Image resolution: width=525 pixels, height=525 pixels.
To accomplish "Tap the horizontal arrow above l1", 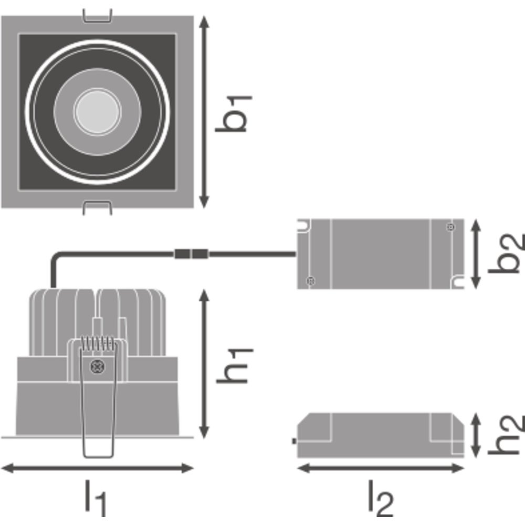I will (x=97, y=467).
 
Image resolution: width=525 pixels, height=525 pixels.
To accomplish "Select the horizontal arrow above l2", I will (x=380, y=467).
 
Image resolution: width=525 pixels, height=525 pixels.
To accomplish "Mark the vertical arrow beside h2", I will (x=476, y=435).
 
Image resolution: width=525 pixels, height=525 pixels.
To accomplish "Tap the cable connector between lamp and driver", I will (x=191, y=255).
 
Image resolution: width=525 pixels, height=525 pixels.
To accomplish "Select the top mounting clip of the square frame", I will (x=98, y=15).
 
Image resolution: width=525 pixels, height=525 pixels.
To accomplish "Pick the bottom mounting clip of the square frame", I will (x=98, y=208).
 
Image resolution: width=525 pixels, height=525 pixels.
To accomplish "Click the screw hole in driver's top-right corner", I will (x=450, y=227).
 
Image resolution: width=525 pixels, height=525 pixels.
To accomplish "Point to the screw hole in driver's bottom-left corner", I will (x=310, y=281).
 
